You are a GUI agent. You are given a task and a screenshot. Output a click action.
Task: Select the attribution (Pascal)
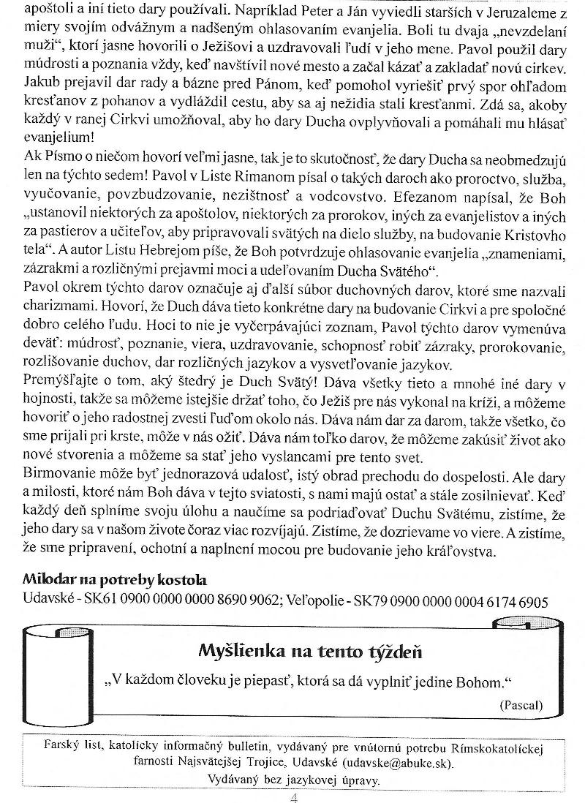[521, 705]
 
